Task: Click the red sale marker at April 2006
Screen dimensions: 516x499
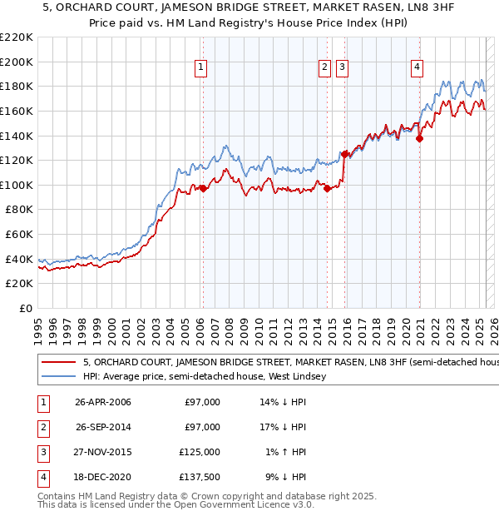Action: pyautogui.click(x=203, y=188)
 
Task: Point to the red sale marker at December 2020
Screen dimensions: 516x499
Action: pyautogui.click(x=419, y=139)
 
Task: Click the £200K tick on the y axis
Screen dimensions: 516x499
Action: pyautogui.click(x=17, y=62)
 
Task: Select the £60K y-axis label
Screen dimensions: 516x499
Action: pyautogui.click(x=19, y=234)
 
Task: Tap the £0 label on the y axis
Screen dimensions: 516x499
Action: pyautogui.click(x=25, y=308)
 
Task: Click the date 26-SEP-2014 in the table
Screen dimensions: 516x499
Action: pyautogui.click(x=103, y=427)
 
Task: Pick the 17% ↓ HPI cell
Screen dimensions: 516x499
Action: pyautogui.click(x=283, y=427)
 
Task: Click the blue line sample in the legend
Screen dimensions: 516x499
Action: pyautogui.click(x=58, y=376)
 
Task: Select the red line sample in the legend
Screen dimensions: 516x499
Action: pyautogui.click(x=58, y=363)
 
